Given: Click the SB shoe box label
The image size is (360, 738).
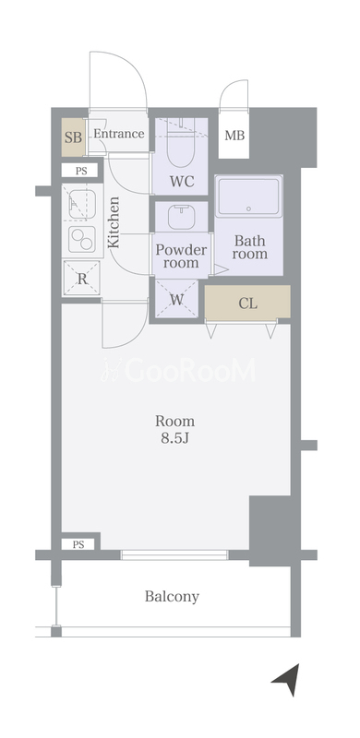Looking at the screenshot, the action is [73, 137].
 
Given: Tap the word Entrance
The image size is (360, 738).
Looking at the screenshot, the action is [119, 134].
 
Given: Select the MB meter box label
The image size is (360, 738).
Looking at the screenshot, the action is [234, 136].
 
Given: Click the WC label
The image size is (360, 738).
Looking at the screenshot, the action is [182, 182].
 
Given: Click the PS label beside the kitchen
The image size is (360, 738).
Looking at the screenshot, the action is [81, 171].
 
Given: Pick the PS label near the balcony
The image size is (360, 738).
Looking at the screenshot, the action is [78, 544].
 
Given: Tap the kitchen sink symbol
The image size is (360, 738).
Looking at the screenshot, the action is [82, 204].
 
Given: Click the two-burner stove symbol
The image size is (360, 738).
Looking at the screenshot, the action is [82, 239].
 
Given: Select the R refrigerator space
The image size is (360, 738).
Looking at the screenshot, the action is [82, 279].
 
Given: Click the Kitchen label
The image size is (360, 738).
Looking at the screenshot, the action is [114, 222].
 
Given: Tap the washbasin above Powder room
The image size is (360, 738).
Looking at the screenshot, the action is [182, 216].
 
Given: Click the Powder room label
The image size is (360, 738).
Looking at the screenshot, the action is [182, 256].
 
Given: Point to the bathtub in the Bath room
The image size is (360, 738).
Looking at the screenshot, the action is [249, 196].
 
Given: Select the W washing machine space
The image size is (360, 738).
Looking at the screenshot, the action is [176, 298].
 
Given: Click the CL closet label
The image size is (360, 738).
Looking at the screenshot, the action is [248, 304].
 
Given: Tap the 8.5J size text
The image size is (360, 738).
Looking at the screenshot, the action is [174, 438].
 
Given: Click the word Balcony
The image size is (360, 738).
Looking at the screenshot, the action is [172, 597].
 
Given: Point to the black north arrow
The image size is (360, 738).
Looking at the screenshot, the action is [288, 679].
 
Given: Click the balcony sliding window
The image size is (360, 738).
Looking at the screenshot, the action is [174, 555].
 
